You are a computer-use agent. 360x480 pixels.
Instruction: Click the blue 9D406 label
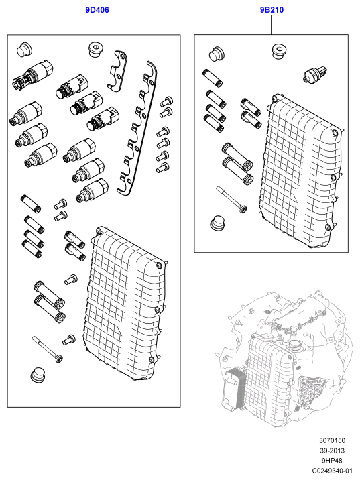point(97,10)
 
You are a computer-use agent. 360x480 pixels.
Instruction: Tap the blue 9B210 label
point(272,10)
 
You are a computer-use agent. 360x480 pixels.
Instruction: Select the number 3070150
point(332,440)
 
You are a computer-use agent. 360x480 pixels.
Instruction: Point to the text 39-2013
point(332,451)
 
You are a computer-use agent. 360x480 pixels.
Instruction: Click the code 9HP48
point(332,461)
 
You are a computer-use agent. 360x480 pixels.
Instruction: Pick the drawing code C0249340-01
point(332,471)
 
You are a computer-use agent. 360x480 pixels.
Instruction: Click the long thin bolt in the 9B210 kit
point(231,199)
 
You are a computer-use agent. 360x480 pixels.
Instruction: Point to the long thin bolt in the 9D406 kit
point(48,349)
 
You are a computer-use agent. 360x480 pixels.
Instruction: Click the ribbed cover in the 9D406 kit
point(125,303)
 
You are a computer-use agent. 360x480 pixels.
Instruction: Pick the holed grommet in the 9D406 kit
point(95,50)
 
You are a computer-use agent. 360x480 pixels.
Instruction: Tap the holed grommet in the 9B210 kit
point(279,52)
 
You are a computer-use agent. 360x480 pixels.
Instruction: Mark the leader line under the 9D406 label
point(97,25)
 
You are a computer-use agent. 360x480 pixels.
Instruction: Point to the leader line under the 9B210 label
point(272,25)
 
